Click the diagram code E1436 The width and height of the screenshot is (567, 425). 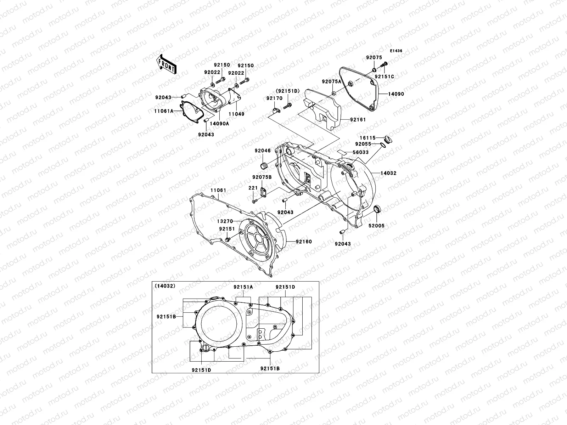tap(396, 51)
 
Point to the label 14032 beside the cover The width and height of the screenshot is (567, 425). tap(388, 173)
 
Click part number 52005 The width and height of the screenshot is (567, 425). tap(376, 226)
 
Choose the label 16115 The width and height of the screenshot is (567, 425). tap(363, 138)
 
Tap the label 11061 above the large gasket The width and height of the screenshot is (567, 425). tap(218, 190)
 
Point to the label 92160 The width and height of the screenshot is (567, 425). tap(304, 242)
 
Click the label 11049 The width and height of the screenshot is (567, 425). tap(236, 114)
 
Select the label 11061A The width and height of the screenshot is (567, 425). tap(164, 111)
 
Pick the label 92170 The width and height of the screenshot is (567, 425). tap(275, 98)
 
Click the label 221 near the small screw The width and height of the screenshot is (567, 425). tap(253, 188)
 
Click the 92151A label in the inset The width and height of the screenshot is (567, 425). tap(243, 287)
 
